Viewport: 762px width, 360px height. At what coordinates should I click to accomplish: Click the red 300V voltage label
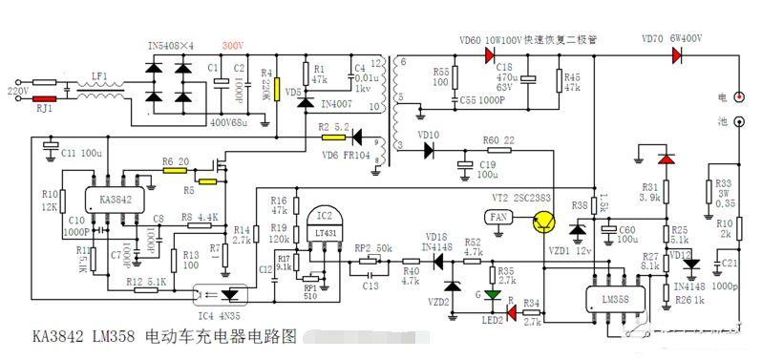coord(232,46)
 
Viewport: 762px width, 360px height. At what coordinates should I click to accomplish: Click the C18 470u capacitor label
coord(509,79)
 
